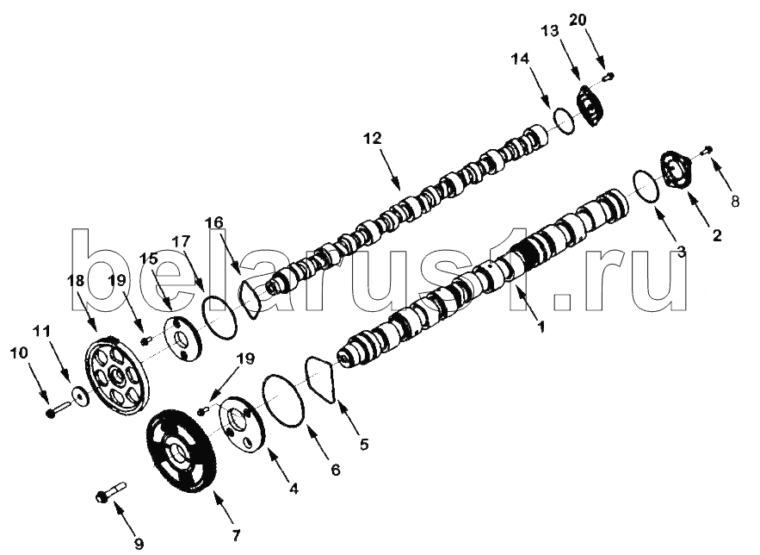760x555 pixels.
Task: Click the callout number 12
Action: (373, 139)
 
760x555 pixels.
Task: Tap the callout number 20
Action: (578, 20)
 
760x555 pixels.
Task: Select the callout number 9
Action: (139, 543)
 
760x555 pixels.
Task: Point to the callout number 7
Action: (236, 535)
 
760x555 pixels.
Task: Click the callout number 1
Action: (541, 326)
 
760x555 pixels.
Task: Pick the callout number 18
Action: (77, 281)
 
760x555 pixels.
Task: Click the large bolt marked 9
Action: (111, 491)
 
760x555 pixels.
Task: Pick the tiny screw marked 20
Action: (608, 76)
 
